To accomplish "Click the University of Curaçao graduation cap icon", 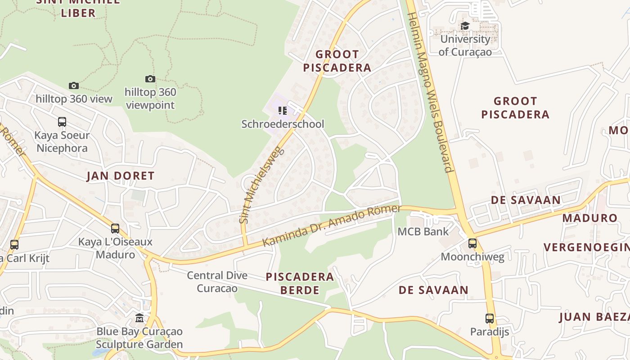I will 465,26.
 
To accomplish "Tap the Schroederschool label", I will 283,124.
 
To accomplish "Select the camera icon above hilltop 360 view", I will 74,85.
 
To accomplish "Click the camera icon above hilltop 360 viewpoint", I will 150,79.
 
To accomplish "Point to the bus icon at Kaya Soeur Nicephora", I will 62,122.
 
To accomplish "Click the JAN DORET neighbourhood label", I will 121,176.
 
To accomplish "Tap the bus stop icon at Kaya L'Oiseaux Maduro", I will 115,228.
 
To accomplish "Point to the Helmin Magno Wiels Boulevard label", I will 429,92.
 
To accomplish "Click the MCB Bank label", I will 423,232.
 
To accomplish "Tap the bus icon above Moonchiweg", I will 472,243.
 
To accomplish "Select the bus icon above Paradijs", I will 490,319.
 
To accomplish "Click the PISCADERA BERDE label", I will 300,283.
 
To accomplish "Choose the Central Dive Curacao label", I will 217,281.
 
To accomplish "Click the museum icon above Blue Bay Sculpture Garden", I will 139,318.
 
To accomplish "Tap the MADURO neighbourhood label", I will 590,218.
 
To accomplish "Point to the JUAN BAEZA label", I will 594,317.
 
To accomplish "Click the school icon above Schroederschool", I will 283,110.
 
